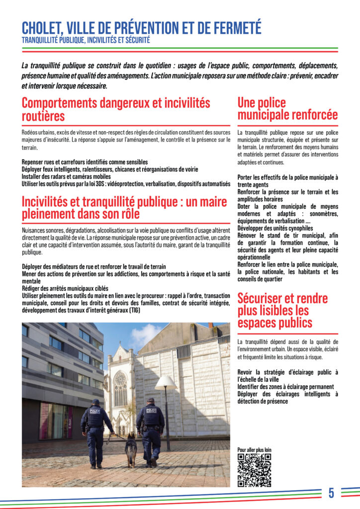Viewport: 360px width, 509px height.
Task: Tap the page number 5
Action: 331,493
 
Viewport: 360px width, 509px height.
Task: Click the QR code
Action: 254,470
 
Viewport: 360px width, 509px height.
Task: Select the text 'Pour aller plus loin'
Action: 255,450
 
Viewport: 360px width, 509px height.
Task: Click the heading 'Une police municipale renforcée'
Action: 287,109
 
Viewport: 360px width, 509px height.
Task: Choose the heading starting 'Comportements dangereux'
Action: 116,109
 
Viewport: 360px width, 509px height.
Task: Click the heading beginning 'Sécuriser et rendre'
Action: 282,311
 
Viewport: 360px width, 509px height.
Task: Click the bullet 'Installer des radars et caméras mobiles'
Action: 66,176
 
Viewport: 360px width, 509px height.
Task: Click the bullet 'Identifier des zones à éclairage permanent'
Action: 285,387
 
